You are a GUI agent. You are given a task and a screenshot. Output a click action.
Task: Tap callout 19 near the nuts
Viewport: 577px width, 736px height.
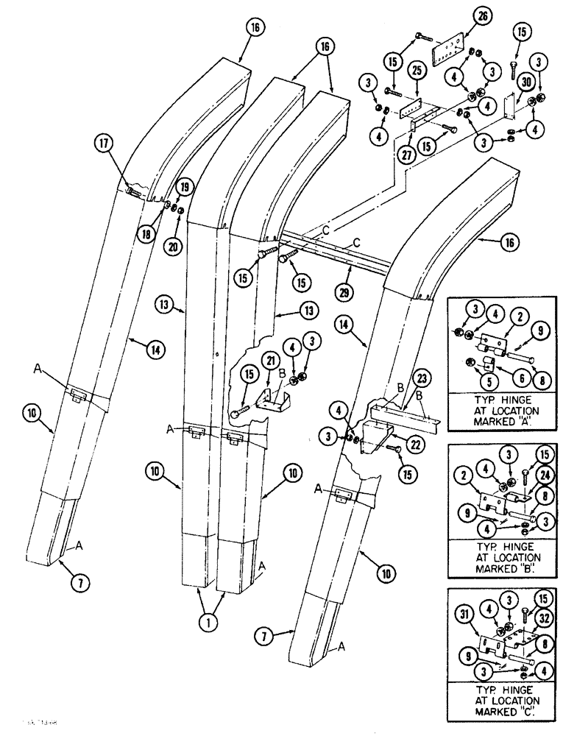coord(184,188)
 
